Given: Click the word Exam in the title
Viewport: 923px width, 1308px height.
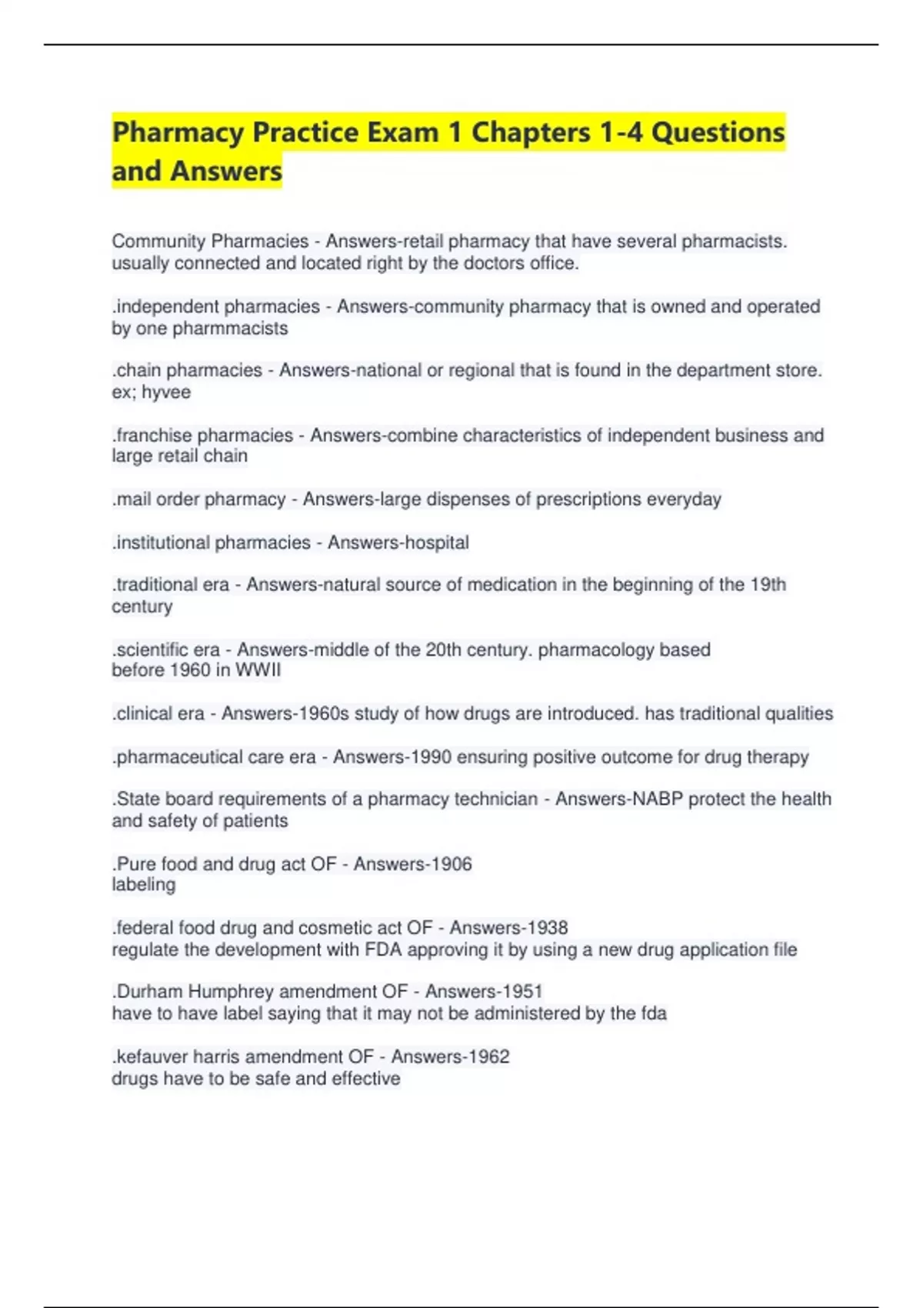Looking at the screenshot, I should pyautogui.click(x=402, y=132).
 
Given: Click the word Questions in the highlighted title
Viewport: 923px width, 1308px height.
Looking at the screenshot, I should pyautogui.click(x=718, y=132).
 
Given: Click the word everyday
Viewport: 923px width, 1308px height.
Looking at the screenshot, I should pyautogui.click(x=683, y=499).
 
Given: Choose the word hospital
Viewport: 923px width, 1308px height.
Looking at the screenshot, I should pyautogui.click(x=430, y=542).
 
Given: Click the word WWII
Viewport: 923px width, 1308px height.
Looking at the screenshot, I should pyautogui.click(x=258, y=670).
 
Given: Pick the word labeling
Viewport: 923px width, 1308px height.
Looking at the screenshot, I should pyautogui.click(x=144, y=885).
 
